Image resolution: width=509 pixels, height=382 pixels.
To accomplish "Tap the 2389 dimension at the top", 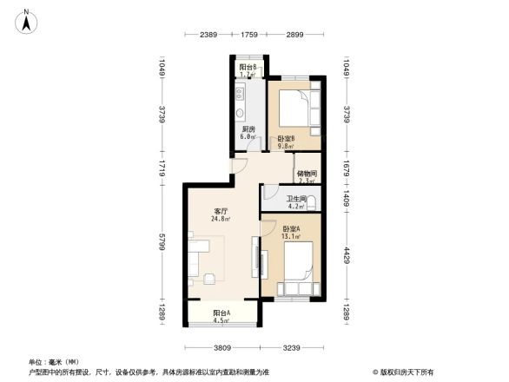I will click(208, 34).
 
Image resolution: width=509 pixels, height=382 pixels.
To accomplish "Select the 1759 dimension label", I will click(249, 34).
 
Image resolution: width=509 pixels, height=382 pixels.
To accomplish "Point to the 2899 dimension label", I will click(294, 34).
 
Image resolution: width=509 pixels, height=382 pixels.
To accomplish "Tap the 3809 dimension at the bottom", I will click(221, 347).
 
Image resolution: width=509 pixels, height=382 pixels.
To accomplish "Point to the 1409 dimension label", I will click(346, 199).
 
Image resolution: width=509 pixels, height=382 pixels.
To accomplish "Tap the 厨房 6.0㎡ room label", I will click(248, 132).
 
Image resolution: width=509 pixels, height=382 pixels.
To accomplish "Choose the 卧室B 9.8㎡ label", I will click(286, 142).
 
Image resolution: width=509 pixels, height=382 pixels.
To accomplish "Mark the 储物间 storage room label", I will click(306, 177).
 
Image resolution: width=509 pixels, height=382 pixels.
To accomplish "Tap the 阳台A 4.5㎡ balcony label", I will click(221, 316).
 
